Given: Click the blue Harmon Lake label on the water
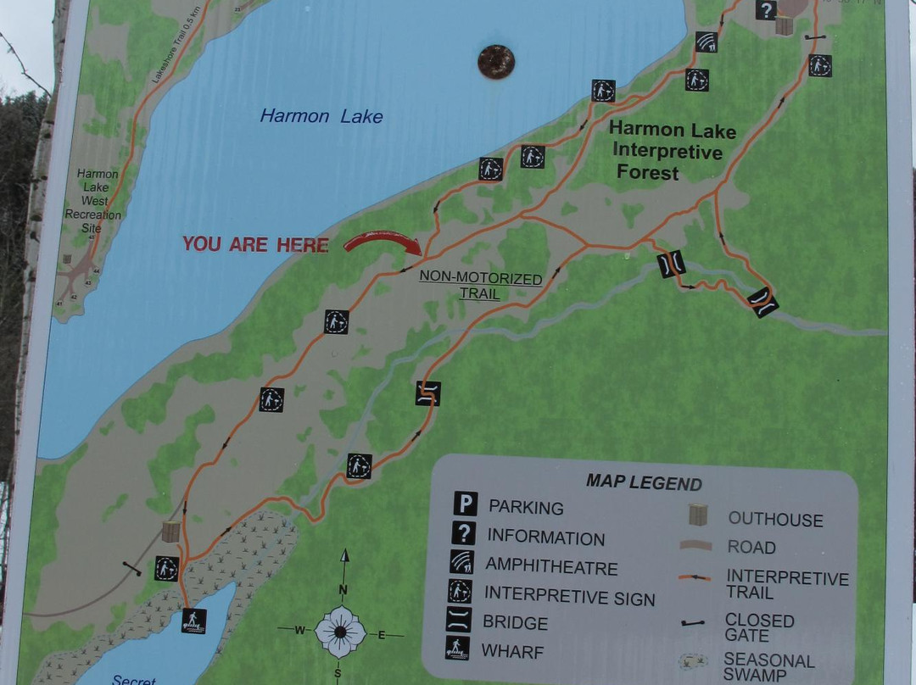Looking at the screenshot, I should coord(321,116).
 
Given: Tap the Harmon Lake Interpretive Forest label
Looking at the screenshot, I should coord(672,152).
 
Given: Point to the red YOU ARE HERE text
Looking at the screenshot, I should coord(255,245).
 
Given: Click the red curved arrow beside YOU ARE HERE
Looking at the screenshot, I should coord(383,242).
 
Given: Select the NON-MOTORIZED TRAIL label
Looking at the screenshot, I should coord(481,286).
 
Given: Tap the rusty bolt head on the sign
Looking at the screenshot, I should coord(496,62).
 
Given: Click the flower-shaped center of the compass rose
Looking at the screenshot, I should coord(340,632).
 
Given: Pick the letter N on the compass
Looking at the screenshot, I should coord(343,589).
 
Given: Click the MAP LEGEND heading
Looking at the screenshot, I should coord(644,483).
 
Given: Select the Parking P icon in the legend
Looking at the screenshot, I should coord(464,504).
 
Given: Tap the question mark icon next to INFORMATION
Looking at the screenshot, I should coord(464,533).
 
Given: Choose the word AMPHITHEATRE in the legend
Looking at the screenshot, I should coord(551,566).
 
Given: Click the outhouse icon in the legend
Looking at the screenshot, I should coord(699,515).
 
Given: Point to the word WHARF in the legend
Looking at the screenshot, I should coord(512,651).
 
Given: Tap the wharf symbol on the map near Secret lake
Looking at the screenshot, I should coord(193,621).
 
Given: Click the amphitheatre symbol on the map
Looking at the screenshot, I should coord(707,42).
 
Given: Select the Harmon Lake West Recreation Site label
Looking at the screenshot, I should coord(97,201).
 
